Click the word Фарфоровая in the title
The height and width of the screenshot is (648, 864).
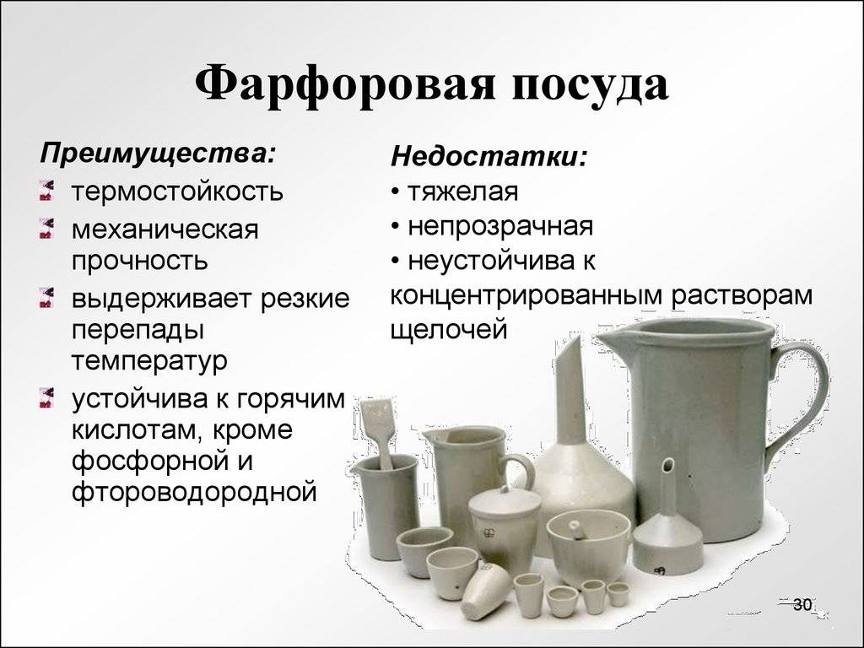(345, 84)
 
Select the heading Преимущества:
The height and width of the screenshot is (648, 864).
(158, 154)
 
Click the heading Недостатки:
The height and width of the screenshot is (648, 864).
(489, 157)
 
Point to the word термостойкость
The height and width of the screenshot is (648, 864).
(177, 191)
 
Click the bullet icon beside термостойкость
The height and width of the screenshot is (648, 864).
(47, 190)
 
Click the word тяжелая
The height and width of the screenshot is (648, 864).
(463, 192)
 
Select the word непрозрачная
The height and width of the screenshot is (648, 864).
(500, 226)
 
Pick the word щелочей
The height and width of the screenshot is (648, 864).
(449, 330)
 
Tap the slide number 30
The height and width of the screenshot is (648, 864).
(802, 604)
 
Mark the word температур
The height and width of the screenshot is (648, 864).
(149, 361)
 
